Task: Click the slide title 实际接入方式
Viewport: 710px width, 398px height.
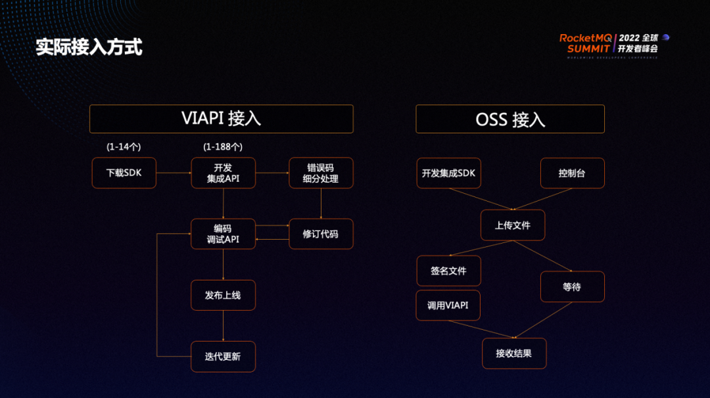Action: [89, 47]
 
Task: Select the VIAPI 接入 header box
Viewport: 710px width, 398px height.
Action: [221, 119]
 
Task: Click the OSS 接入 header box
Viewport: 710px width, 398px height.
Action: [509, 119]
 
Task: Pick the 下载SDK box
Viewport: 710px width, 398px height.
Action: [124, 173]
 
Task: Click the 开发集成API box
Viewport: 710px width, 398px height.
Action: [223, 173]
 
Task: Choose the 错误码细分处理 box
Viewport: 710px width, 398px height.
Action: [321, 173]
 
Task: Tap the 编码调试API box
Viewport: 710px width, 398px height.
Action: [223, 234]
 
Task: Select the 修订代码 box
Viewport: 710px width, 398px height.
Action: [321, 234]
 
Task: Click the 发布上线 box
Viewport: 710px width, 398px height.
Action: [223, 295]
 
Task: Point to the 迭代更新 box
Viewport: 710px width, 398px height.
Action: [223, 357]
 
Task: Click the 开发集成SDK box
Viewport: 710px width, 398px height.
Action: [448, 173]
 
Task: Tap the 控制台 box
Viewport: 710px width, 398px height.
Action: [572, 173]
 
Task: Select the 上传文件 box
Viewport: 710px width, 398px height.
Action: [513, 225]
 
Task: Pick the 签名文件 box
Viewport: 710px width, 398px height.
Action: [448, 271]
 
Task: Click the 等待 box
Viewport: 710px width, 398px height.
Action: [572, 287]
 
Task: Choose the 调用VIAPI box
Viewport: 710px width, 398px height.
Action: [448, 305]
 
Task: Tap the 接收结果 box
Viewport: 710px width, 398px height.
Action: [514, 353]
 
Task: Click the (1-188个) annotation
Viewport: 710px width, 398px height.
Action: [222, 146]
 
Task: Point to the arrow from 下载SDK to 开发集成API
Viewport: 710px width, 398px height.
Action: [174, 173]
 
